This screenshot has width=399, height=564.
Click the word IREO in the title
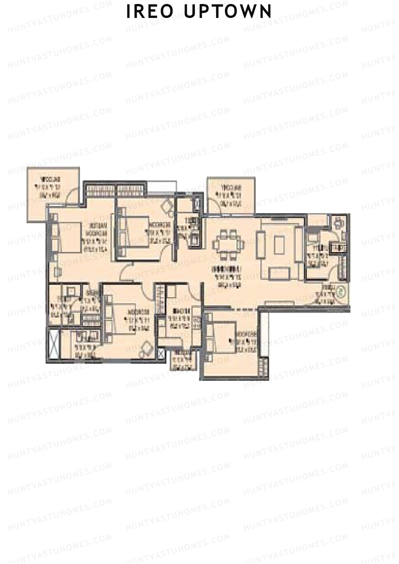(150, 12)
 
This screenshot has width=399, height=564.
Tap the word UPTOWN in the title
(228, 12)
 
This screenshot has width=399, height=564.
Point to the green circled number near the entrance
(340, 291)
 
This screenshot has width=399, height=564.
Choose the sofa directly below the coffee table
(279, 273)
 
